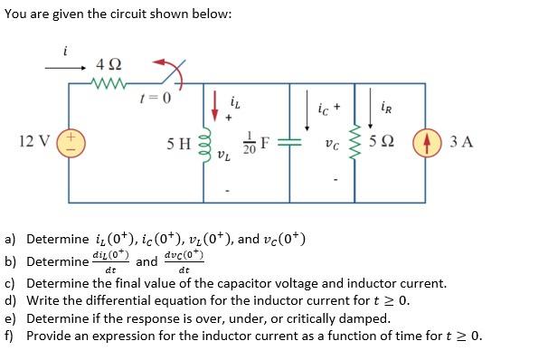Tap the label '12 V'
(x=33, y=142)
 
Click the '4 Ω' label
(x=110, y=65)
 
